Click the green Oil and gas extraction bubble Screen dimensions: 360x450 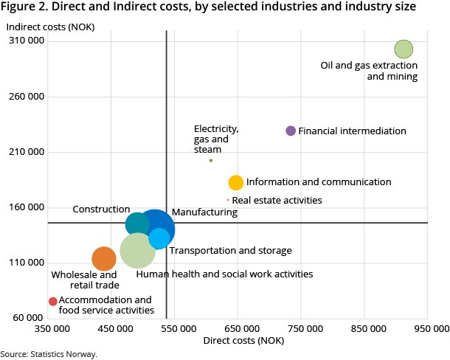(403, 49)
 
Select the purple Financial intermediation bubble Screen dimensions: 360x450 (291, 131)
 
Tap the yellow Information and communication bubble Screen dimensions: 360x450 (236, 182)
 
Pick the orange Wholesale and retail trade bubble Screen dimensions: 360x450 (104, 258)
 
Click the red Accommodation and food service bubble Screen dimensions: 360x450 (52, 301)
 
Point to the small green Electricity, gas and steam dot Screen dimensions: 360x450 (211, 160)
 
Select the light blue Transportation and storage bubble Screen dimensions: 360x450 (159, 238)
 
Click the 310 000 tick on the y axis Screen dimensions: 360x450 (27, 41)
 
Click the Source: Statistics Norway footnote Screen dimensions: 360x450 (49, 354)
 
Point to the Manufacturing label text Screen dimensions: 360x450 (204, 212)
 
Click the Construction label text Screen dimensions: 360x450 (101, 210)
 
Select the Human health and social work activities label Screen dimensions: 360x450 (224, 274)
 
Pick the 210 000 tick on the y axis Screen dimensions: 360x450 (27, 152)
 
